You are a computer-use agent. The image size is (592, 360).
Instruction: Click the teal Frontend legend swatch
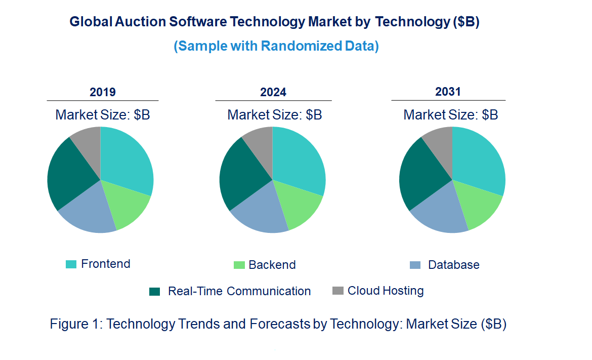(x=71, y=264)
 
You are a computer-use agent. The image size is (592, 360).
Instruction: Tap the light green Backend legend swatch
(x=239, y=265)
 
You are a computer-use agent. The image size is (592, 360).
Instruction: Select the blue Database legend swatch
(x=415, y=265)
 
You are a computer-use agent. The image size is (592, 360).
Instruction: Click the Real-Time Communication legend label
(x=239, y=291)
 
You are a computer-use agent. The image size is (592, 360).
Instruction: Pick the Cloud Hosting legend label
(x=386, y=291)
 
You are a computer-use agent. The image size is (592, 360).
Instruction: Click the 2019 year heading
(x=103, y=92)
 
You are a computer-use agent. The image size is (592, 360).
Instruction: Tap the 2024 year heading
(x=273, y=92)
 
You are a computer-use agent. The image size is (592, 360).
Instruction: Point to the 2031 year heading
(x=448, y=92)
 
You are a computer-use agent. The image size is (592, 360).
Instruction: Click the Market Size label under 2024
(x=275, y=114)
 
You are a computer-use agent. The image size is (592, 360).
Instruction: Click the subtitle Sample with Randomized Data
(x=276, y=46)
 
